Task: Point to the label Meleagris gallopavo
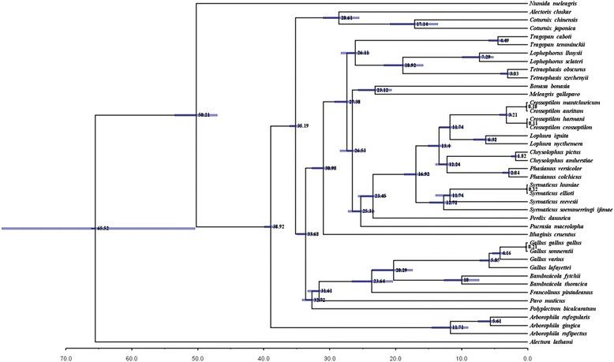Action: tap(556, 93)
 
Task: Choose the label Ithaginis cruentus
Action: tap(555, 234)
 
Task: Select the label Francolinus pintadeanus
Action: tap(563, 292)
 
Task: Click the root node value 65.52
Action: tap(103, 229)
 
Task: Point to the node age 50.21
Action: tap(204, 115)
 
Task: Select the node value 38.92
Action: tap(277, 226)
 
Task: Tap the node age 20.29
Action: tap(402, 271)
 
